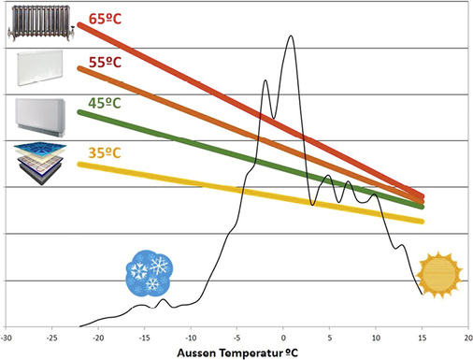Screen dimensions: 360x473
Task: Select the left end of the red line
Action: (x=80, y=25)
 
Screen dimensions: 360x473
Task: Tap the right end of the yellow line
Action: (x=422, y=221)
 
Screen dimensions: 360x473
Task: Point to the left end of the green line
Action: (x=80, y=112)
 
